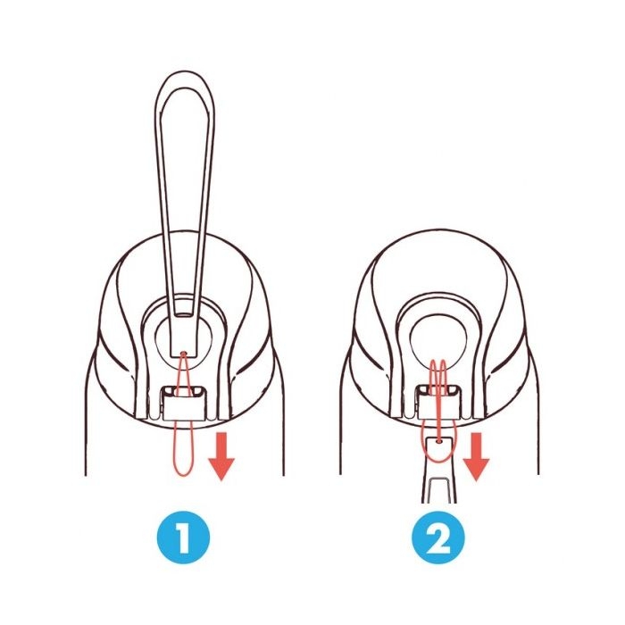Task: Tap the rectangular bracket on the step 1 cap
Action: [x=184, y=403]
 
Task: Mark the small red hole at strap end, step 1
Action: [x=183, y=354]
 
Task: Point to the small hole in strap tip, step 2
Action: [x=438, y=441]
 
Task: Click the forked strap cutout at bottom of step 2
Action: [x=438, y=491]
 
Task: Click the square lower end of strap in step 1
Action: [x=183, y=346]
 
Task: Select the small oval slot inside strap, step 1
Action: [x=184, y=315]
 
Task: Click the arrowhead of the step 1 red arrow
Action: [x=221, y=469]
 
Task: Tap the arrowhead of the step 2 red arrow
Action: [x=476, y=469]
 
